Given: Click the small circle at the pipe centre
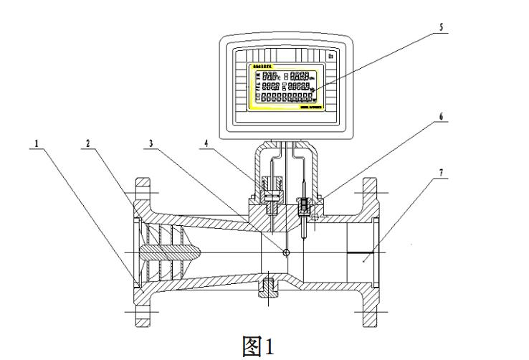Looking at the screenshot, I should pyautogui.click(x=287, y=252).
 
